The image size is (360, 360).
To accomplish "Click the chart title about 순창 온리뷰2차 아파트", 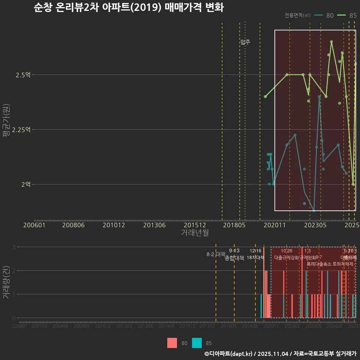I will point(128,8).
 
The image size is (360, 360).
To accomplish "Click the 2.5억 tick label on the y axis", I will point(23,75).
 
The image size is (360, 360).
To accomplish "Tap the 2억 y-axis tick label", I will point(25,184).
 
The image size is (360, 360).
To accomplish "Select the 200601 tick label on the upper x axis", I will point(34,225).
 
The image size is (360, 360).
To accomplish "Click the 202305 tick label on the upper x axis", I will point(315,225).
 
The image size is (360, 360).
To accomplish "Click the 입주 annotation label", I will point(245,42).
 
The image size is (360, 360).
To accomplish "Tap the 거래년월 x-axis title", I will point(195,233).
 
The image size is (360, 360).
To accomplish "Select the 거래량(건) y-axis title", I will point(6,282).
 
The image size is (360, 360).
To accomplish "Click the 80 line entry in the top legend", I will point(324,15).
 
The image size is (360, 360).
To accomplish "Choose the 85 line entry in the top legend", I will point(347,15).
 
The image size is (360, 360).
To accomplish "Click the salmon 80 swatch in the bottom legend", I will point(172,343).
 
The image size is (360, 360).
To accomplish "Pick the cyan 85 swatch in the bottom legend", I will point(197,343).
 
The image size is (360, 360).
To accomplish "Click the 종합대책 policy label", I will point(234,258).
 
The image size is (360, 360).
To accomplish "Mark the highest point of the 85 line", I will point(331,42).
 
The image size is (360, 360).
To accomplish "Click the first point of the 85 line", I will point(265,96).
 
